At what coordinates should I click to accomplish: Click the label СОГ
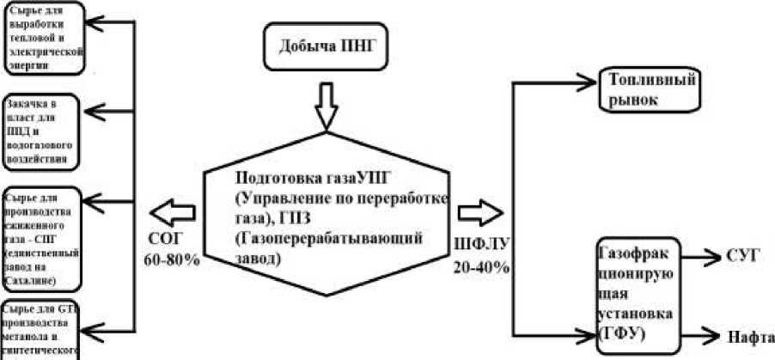pyautogui.click(x=166, y=239)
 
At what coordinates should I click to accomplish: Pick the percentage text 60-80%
pyautogui.click(x=171, y=259)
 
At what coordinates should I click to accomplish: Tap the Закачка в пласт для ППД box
pyautogui.click(x=42, y=131)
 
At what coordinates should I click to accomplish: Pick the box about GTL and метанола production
pyautogui.click(x=40, y=327)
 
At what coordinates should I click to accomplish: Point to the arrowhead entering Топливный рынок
pyautogui.click(x=591, y=82)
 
